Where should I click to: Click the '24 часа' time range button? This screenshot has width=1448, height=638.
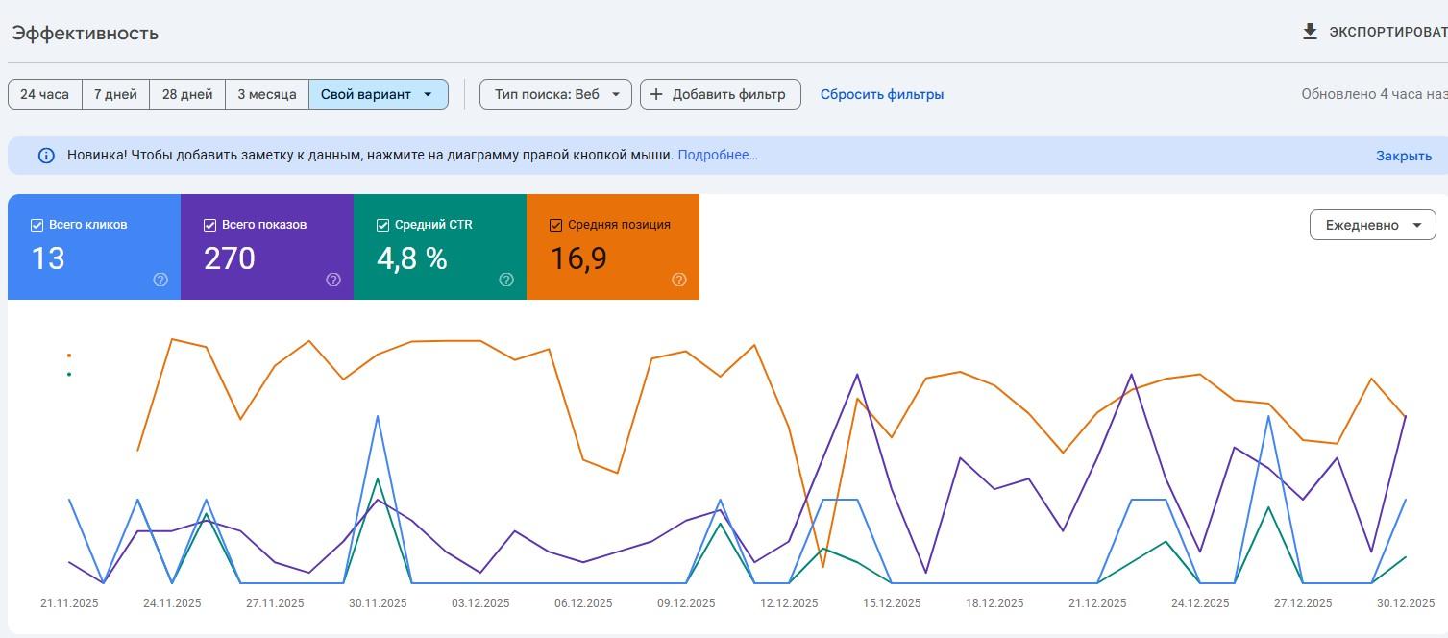[x=44, y=94]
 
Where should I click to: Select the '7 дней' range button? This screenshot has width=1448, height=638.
[x=115, y=94]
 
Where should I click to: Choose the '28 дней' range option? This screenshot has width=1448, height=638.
[x=187, y=94]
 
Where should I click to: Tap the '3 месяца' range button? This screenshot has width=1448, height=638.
[x=267, y=94]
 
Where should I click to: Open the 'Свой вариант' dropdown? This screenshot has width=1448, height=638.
[x=379, y=94]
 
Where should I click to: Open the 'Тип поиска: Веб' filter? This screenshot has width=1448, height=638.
[x=556, y=94]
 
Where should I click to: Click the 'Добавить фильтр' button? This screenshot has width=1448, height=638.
[x=721, y=94]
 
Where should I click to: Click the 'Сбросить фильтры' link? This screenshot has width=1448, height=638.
[x=882, y=94]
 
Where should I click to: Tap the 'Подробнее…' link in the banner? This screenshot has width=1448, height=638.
[x=718, y=155]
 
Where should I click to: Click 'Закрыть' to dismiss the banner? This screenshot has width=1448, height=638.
[x=1404, y=156]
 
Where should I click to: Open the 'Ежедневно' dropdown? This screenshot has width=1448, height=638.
[x=1373, y=225]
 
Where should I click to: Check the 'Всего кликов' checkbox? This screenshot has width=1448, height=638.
[x=37, y=225]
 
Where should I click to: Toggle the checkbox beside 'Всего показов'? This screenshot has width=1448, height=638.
[x=210, y=225]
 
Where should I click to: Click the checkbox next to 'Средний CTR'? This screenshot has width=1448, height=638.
[x=382, y=225]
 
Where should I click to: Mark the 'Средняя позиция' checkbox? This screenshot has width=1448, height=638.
[x=556, y=225]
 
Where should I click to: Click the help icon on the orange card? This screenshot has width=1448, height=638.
[x=678, y=280]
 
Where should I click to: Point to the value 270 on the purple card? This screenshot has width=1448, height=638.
[x=230, y=258]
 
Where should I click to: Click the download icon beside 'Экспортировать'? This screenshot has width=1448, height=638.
[x=1310, y=32]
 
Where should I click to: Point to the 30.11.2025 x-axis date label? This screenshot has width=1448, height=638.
[x=378, y=603]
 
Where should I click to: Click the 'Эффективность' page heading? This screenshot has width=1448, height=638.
[x=86, y=33]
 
